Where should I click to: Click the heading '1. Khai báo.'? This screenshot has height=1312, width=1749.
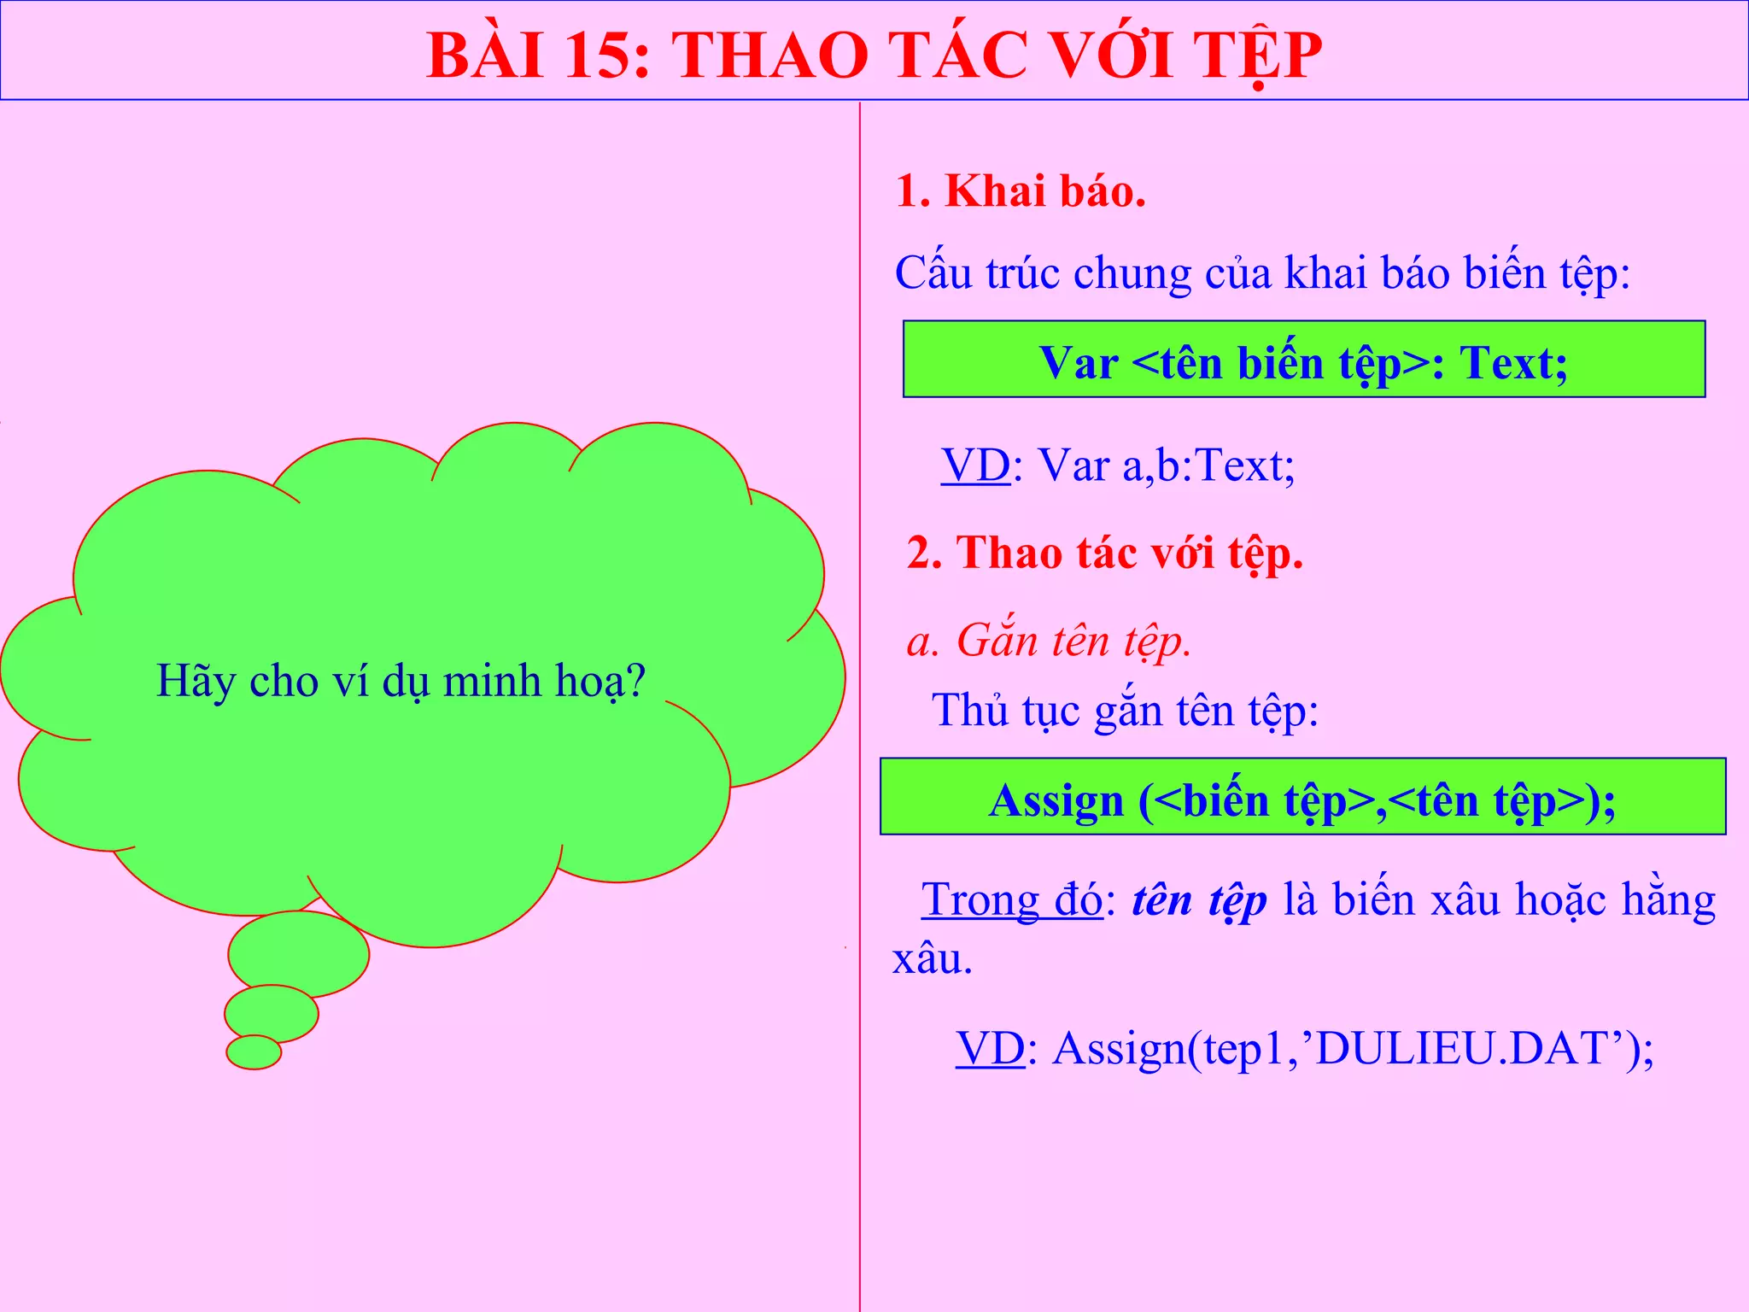pos(1021,191)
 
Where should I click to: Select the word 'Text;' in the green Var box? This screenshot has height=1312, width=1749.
pos(1513,363)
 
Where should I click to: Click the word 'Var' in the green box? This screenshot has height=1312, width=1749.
pos(1078,363)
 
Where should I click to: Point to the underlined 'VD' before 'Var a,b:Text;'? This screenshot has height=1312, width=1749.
pos(975,466)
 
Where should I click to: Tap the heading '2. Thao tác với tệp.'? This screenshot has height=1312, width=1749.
pos(1104,553)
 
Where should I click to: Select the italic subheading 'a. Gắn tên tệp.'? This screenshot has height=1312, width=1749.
pos(1049,641)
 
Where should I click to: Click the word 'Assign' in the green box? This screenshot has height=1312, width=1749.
pos(1056,801)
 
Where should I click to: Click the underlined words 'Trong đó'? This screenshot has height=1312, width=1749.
pos(1012,900)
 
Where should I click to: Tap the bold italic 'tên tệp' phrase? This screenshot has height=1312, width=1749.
pos(1199,900)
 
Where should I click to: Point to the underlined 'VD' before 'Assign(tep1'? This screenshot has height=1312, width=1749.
pos(990,1049)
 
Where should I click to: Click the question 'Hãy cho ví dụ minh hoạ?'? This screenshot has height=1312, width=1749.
pos(401,682)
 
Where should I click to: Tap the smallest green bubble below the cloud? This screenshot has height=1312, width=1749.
pos(254,1051)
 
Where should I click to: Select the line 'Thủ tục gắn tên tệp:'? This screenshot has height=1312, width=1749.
pos(1125,711)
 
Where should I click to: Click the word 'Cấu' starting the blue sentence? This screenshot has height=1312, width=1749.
pos(934,273)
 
